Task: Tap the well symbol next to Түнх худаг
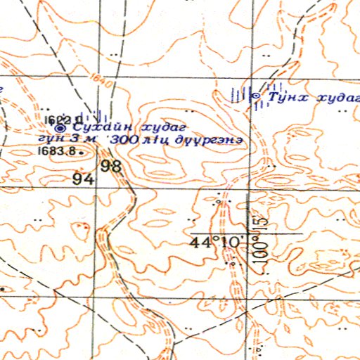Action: point(256,95)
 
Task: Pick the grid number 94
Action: point(82,179)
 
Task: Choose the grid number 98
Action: point(111,167)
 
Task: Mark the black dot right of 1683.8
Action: point(82,150)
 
